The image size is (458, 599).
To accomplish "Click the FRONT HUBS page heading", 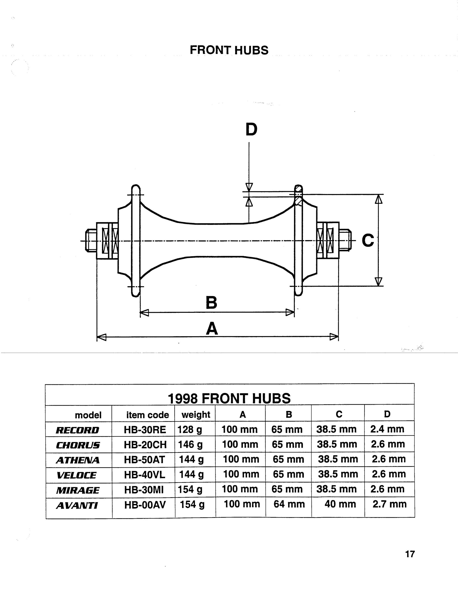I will click(229, 50).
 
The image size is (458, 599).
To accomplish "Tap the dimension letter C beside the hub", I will click(368, 240).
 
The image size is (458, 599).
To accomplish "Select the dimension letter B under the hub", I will click(212, 303).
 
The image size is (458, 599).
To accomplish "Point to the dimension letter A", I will click(212, 329).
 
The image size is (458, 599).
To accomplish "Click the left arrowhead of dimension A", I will click(101, 337).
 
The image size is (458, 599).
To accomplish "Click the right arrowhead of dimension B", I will click(290, 312).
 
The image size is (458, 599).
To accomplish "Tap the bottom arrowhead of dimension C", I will click(378, 282).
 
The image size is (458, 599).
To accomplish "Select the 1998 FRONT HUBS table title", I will click(229, 398).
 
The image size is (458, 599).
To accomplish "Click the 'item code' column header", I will click(148, 415).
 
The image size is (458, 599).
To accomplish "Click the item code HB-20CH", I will click(145, 445).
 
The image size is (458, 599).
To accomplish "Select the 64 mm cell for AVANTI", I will click(289, 504).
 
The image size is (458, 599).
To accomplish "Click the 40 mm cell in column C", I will click(340, 504).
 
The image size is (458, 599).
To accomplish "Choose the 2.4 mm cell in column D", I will click(387, 429).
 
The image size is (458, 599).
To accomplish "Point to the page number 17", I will click(410, 554).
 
